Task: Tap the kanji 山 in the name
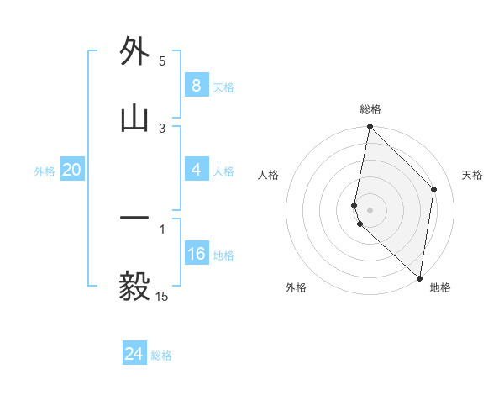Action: pos(134,118)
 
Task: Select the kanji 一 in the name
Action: pos(134,219)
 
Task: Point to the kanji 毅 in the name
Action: pos(134,287)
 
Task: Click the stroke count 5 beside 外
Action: pos(163,61)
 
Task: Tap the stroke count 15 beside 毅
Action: pos(162,297)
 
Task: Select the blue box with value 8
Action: pos(196,86)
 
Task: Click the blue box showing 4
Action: pos(196,170)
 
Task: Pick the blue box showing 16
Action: pos(196,254)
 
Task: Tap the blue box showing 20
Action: pos(71,170)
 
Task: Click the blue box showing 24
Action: pos(134,354)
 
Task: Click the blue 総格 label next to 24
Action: pos(161,355)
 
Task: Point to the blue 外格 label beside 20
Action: pos(45,171)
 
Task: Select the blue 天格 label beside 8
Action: pos(223,87)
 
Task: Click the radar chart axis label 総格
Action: pos(370,109)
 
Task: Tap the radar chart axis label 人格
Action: pos(268,175)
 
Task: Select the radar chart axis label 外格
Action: pos(296,287)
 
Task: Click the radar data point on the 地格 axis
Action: pos(420,278)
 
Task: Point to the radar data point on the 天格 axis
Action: pos(434,189)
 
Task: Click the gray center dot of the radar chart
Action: pos(370,209)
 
